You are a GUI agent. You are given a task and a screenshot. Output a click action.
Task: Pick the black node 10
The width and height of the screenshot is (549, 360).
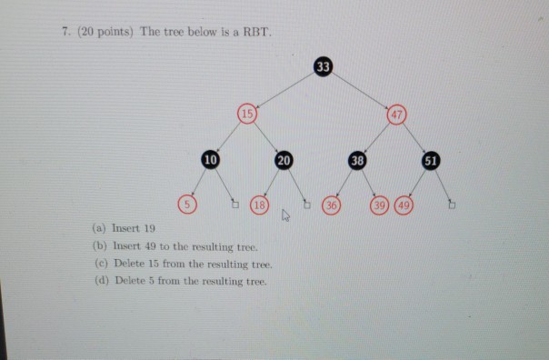pos(211,159)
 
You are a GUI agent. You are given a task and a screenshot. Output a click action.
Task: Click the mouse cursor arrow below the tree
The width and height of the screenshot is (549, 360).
pos(284,216)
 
